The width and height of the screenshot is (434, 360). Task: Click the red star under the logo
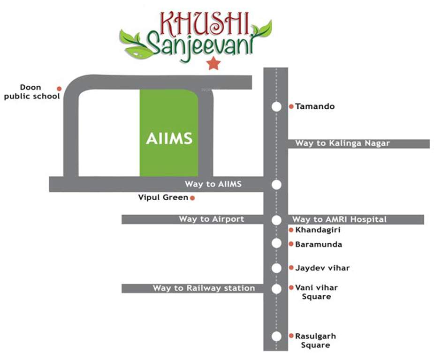pyautogui.click(x=213, y=62)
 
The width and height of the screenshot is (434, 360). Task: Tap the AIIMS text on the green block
pyautogui.click(x=169, y=139)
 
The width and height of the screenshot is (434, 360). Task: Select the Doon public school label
pyautogui.click(x=32, y=92)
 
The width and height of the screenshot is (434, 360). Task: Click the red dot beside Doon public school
pyautogui.click(x=59, y=89)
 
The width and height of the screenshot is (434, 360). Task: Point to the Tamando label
pyautogui.click(x=315, y=106)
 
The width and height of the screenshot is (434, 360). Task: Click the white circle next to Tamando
pyautogui.click(x=276, y=107)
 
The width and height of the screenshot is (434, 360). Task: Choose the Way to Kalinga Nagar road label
pyautogui.click(x=343, y=143)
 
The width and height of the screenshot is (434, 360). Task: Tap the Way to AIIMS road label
pyautogui.click(x=213, y=184)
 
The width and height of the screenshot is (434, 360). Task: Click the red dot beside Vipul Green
pyautogui.click(x=192, y=198)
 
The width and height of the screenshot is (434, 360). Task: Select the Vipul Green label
pyautogui.click(x=163, y=197)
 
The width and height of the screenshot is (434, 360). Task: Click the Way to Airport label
pyautogui.click(x=211, y=219)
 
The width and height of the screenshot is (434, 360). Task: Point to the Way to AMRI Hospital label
pyautogui.click(x=339, y=219)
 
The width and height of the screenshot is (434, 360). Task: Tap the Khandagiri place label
pyautogui.click(x=314, y=230)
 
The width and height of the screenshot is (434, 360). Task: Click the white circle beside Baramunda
pyautogui.click(x=276, y=243)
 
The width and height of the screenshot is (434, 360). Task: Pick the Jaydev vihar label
pyautogui.click(x=322, y=268)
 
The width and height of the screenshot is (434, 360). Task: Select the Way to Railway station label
pyautogui.click(x=204, y=288)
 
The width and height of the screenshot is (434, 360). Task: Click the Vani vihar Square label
pyautogui.click(x=316, y=292)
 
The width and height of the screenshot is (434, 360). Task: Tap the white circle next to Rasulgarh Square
pyautogui.click(x=276, y=337)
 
